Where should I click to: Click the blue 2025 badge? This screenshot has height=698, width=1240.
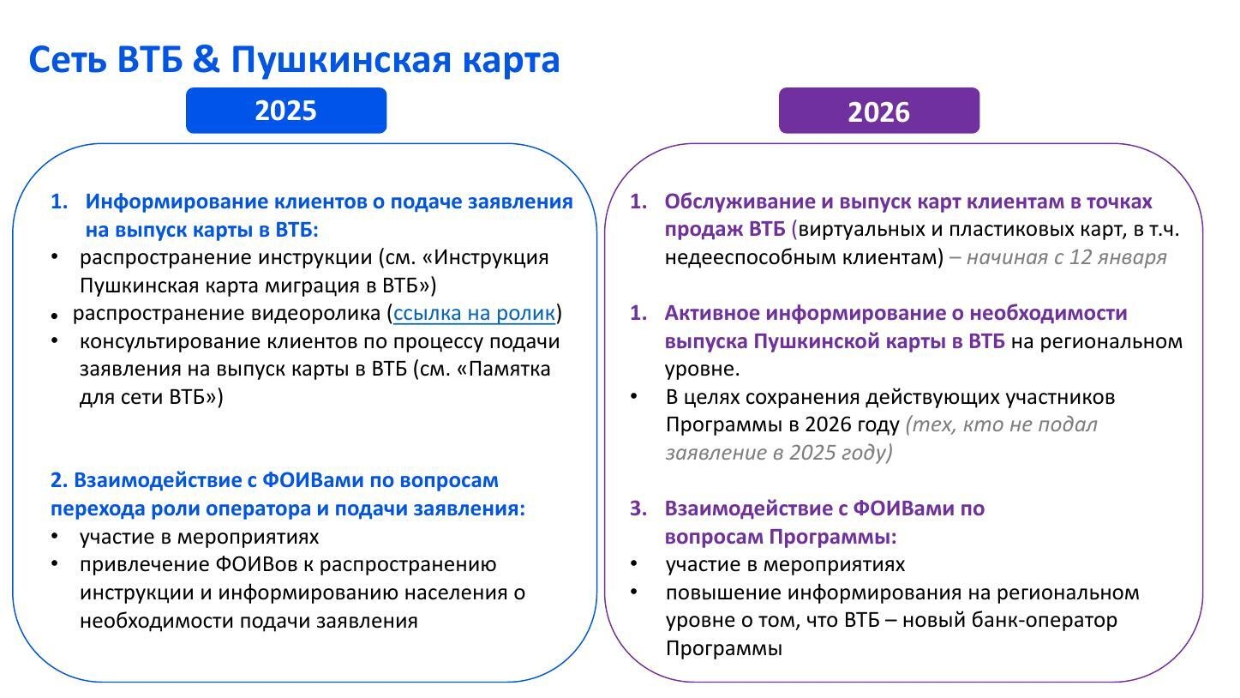coord(286,111)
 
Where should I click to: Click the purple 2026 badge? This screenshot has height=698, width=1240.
coord(879,111)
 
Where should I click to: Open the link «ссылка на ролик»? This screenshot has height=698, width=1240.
coord(474,314)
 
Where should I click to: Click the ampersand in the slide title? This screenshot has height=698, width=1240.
coord(207,59)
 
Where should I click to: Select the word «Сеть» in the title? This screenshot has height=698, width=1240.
coord(68,60)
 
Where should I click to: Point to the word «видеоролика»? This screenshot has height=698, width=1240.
coord(315,314)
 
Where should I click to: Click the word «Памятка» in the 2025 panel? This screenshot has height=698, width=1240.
coord(509,369)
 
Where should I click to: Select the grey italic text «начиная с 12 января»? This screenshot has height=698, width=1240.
coord(1067,257)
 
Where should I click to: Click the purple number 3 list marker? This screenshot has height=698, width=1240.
coord(638,508)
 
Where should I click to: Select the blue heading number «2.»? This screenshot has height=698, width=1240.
coord(58,480)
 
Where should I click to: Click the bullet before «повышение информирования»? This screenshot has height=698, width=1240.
coord(634,592)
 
